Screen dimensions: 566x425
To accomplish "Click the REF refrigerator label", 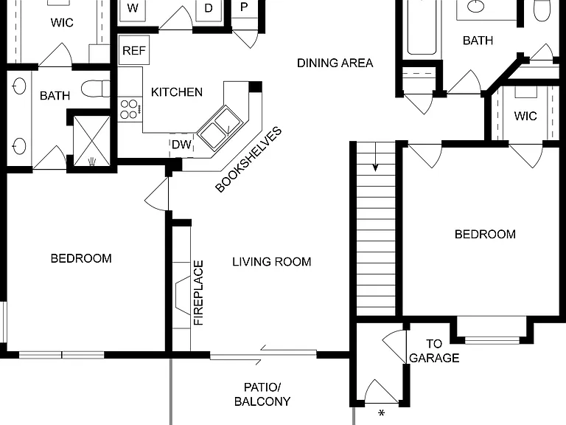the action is pyautogui.click(x=134, y=51).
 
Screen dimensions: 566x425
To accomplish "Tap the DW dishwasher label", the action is pyautogui.click(x=181, y=145).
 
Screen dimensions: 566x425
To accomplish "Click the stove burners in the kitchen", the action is pyautogui.click(x=129, y=109).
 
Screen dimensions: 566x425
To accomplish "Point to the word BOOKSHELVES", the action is pyautogui.click(x=248, y=159).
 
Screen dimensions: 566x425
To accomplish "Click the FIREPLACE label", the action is pyautogui.click(x=198, y=293).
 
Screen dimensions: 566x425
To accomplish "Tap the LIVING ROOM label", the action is pyautogui.click(x=271, y=262).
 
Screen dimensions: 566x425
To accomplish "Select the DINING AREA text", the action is pyautogui.click(x=335, y=63).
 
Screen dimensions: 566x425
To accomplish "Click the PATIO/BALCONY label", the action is pyautogui.click(x=262, y=394).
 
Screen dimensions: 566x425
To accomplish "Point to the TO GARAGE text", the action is pyautogui.click(x=434, y=350).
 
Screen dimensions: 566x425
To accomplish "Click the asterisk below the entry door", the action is pyautogui.click(x=381, y=413).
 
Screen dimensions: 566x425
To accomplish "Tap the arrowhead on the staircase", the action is pyautogui.click(x=375, y=167).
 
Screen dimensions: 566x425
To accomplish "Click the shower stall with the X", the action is pyautogui.click(x=91, y=141).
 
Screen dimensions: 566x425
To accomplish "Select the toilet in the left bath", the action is pyautogui.click(x=96, y=89).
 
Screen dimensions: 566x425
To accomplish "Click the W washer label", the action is pyautogui.click(x=133, y=8).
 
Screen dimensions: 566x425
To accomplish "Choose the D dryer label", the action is pyautogui.click(x=209, y=8).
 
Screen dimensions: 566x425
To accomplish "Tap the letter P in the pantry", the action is pyautogui.click(x=244, y=7).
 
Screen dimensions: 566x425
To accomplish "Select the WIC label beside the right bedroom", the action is pyautogui.click(x=525, y=116).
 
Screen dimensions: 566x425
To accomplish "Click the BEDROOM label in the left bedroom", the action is pyautogui.click(x=81, y=258).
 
